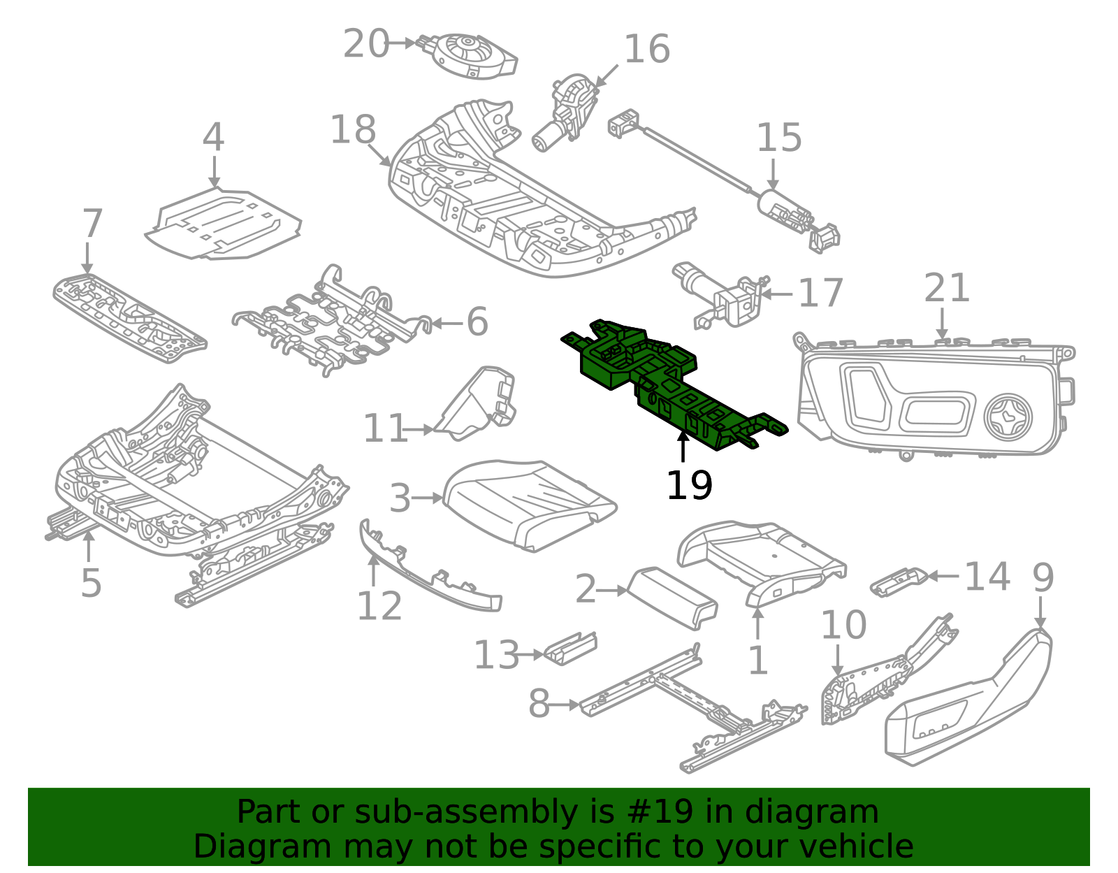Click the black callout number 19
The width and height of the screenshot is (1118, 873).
(689, 486)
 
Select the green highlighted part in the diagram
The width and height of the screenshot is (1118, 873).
(671, 384)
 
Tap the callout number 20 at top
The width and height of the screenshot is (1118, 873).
(365, 44)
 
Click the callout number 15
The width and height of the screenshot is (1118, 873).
(778, 138)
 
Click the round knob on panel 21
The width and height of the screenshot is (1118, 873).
(1007, 417)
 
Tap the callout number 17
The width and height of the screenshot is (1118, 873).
(820, 293)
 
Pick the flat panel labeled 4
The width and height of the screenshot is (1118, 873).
(224, 224)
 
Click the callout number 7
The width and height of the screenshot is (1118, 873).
(92, 223)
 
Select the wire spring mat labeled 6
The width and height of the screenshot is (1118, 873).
(328, 322)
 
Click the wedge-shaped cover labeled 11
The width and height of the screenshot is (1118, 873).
(479, 405)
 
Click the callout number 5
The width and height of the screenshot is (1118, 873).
(91, 583)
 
